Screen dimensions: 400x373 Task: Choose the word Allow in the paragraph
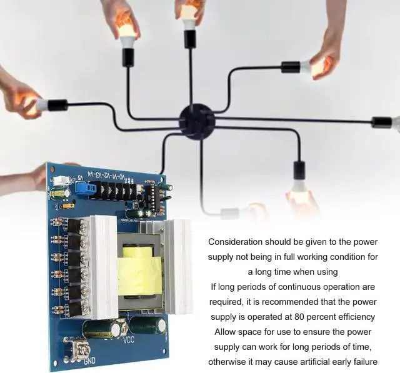click(226, 332)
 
